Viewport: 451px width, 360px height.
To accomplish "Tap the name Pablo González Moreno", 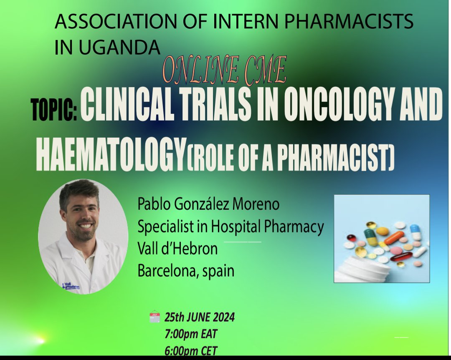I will (208, 205).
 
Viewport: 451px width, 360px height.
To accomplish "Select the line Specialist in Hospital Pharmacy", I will (231, 227).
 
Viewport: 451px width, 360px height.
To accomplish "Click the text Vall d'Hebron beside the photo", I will (177, 249).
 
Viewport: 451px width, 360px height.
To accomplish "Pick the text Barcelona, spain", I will (186, 271).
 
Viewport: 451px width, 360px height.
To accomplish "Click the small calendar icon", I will (155, 317).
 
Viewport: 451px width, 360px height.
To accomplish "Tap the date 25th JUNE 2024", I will (199, 317).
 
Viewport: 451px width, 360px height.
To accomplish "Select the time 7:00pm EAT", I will (191, 334).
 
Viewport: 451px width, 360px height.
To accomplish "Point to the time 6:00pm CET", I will (191, 350).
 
